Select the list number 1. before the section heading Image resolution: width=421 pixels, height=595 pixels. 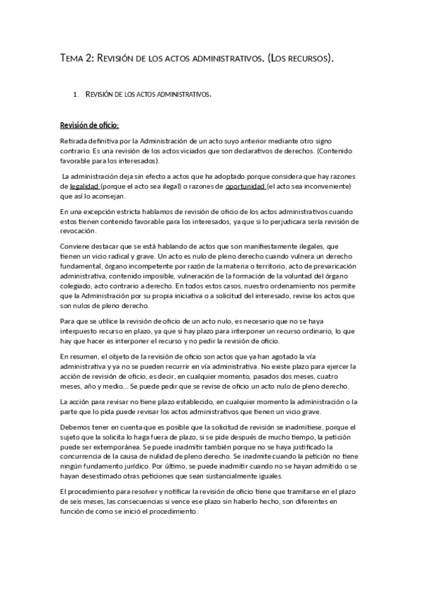pos(75,93)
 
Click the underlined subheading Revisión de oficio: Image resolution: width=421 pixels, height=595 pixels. pos(89,126)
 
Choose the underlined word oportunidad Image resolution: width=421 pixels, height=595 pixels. pos(245,186)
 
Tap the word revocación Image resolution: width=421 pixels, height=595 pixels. pos(79,232)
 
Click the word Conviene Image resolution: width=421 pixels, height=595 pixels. pos(76,246)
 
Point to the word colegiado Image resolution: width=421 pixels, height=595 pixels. pos(78,286)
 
